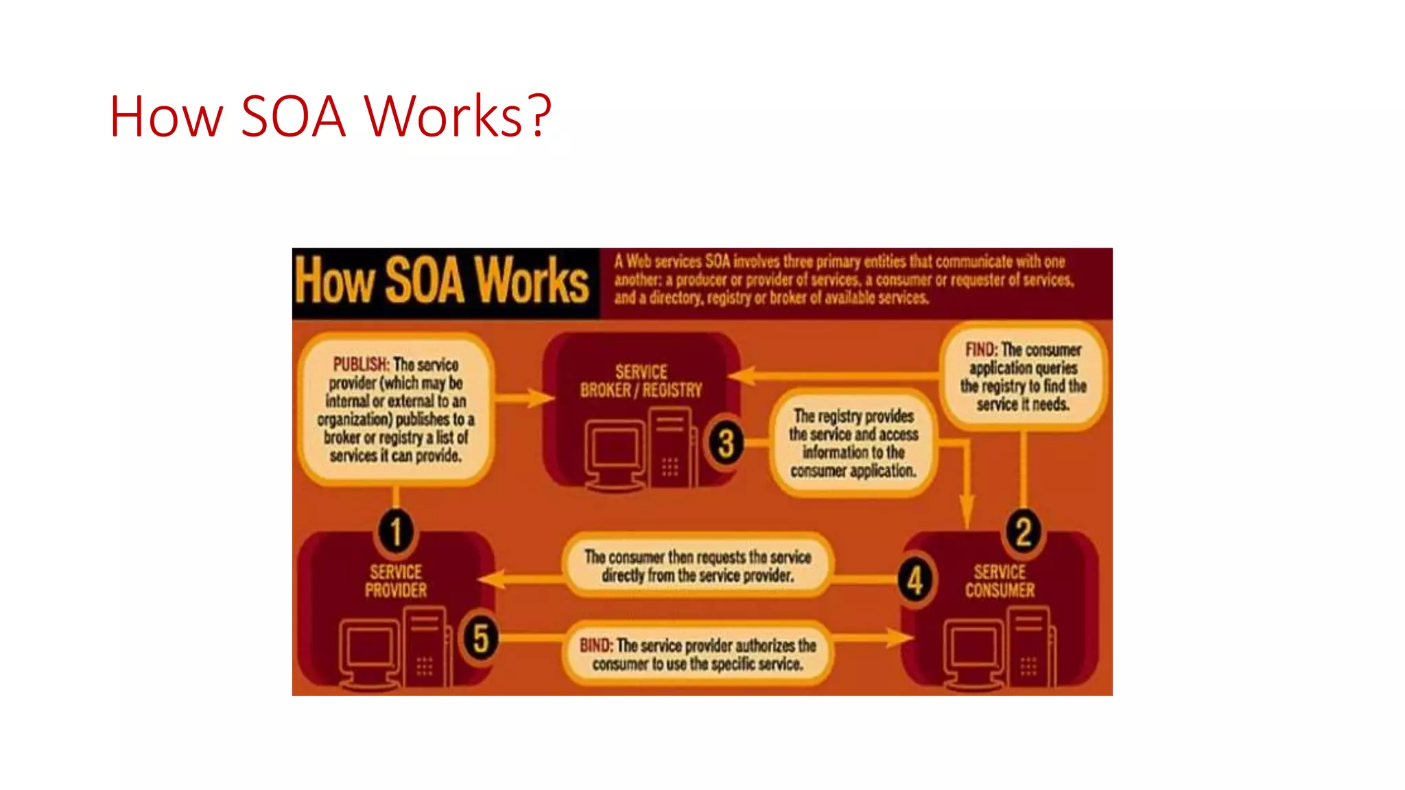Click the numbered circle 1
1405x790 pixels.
coord(396,531)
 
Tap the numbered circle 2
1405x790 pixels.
coord(1023,531)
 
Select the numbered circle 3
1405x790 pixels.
coord(726,444)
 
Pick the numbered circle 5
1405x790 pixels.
coord(480,638)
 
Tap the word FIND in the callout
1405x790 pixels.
coord(980,350)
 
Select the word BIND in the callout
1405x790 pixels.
coord(595,645)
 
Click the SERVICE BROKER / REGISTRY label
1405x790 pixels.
coord(641,381)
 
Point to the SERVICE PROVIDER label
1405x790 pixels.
coord(396,581)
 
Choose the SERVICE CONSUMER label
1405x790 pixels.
coord(1000,581)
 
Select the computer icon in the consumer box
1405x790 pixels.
coord(999,647)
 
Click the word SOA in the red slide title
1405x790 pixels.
coord(293,117)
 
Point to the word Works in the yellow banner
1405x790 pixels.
coord(532,280)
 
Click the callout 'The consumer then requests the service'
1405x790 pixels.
coord(698,566)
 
